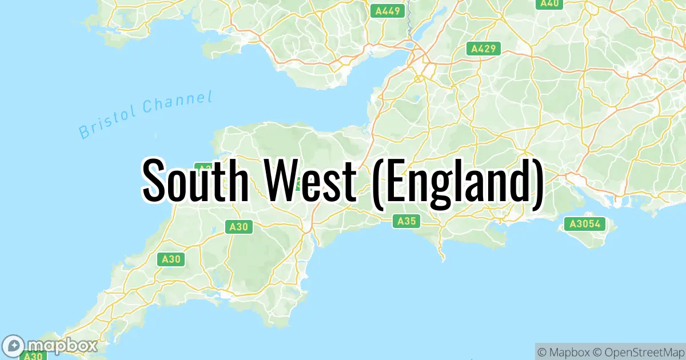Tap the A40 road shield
[549, 3]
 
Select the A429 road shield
[483, 49]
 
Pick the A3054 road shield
[585, 224]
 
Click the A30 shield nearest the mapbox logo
[33, 355]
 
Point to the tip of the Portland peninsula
[444, 260]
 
